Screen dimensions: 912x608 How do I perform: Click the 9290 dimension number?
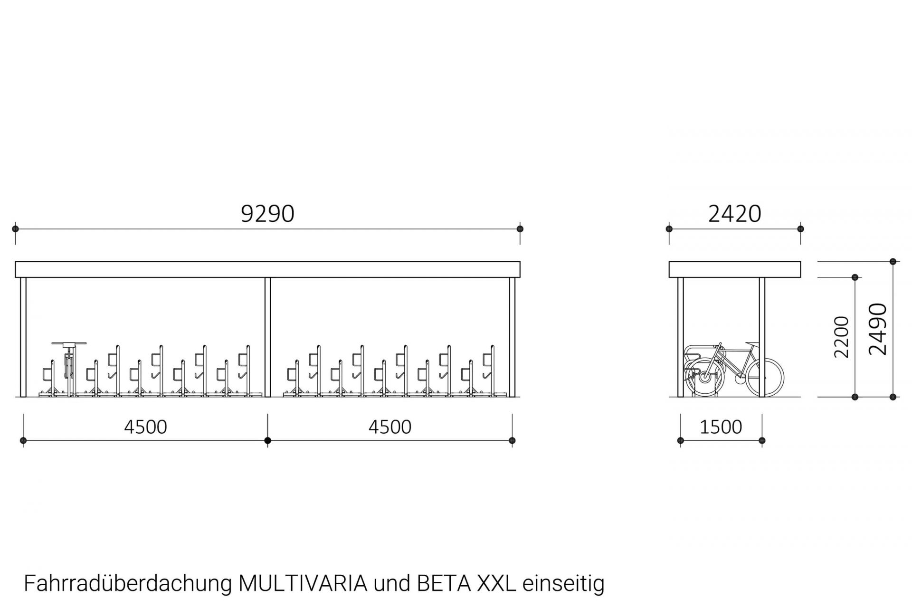(268, 214)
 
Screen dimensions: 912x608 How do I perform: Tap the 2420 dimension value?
(735, 214)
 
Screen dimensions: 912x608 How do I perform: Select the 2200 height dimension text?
(841, 337)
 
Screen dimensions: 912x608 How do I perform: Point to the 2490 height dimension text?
(877, 329)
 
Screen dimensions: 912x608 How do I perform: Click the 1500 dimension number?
(721, 427)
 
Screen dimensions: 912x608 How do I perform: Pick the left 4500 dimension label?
(145, 427)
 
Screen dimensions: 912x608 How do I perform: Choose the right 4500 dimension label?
(390, 427)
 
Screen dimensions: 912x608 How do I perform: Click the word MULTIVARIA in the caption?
(303, 583)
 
